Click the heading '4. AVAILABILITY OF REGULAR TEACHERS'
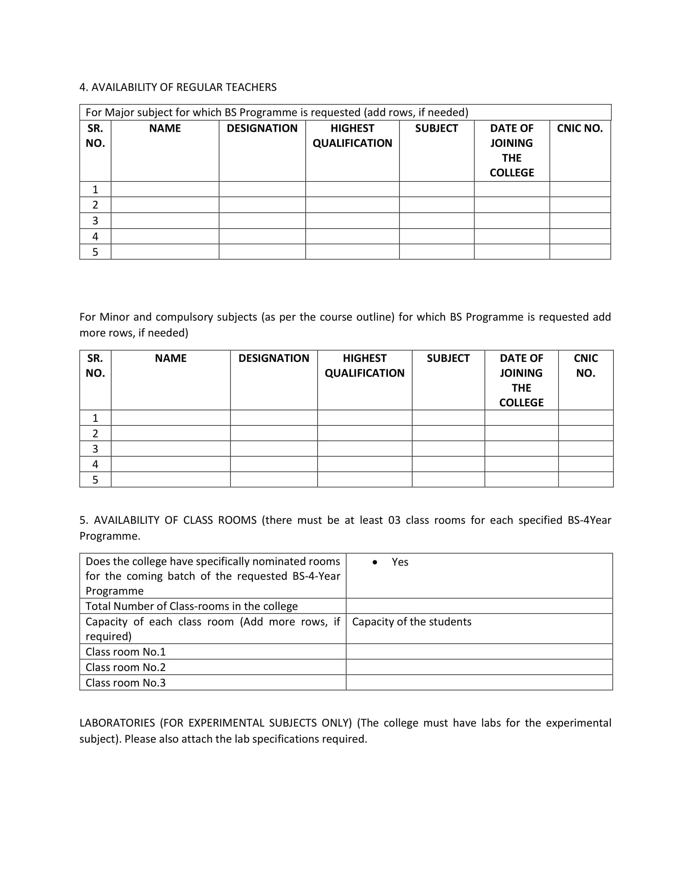[x=178, y=87]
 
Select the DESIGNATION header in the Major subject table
[x=262, y=128]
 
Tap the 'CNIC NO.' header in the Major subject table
[x=579, y=128]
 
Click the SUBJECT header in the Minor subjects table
[x=448, y=358]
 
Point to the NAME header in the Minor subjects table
[x=171, y=358]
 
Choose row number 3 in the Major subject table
[x=95, y=221]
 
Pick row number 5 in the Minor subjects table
[x=95, y=480]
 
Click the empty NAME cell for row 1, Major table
[x=165, y=189]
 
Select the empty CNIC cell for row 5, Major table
[x=580, y=252]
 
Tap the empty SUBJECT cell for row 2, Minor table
[x=448, y=433]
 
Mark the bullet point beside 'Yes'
[x=375, y=562]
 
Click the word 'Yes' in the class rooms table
[x=400, y=562]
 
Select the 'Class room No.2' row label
[x=125, y=667]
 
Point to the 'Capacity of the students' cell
[x=411, y=622]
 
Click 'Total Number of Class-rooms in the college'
[x=191, y=606]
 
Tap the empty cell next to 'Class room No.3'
[x=479, y=683]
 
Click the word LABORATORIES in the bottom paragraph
[x=117, y=723]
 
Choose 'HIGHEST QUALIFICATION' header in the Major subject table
[x=352, y=136]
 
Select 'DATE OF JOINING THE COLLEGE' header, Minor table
[x=521, y=380]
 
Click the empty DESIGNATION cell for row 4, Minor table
[x=274, y=464]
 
